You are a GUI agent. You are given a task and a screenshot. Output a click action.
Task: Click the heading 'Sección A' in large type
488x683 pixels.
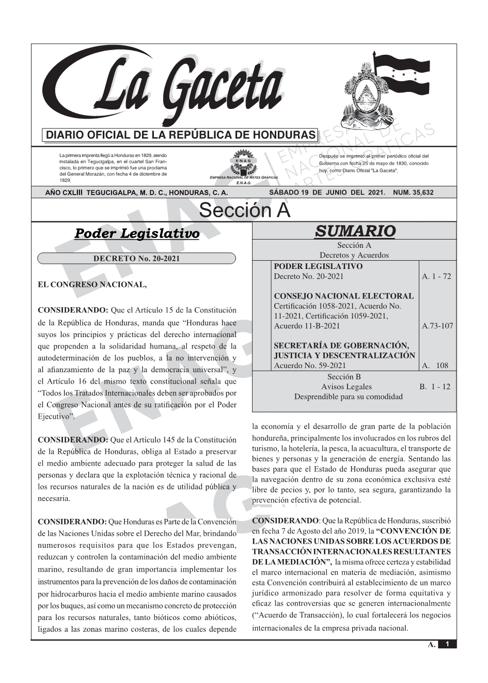(244, 211)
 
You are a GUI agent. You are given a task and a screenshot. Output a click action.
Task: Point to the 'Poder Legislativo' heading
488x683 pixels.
(137, 233)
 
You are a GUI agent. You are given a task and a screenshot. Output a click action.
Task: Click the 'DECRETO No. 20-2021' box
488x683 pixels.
(136, 259)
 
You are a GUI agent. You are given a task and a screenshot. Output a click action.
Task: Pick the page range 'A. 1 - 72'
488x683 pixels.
(436, 276)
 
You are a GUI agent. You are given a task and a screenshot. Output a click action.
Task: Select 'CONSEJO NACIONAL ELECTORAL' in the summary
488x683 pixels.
(343, 296)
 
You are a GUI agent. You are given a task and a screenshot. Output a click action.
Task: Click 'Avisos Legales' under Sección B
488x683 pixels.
(346, 387)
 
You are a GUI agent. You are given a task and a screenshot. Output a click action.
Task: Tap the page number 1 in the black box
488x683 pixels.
(447, 644)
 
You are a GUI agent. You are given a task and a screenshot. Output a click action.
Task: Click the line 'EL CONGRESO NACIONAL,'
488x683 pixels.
(92, 284)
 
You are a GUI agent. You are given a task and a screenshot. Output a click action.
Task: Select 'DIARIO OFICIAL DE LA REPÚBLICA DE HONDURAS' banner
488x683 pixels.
(181, 135)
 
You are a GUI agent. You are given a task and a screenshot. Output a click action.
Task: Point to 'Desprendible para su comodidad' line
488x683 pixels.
(348, 396)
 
